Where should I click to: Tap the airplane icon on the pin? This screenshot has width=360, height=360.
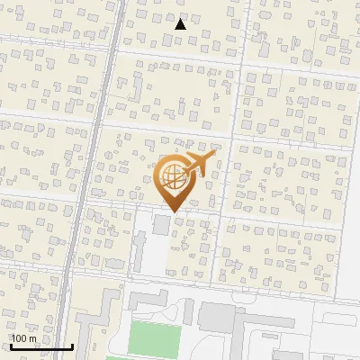(195, 165)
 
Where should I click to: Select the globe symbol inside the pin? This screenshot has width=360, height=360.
(171, 175)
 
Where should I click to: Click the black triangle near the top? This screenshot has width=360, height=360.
(181, 24)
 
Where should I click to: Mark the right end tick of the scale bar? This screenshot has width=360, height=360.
(72, 346)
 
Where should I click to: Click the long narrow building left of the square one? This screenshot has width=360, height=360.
(139, 252)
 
